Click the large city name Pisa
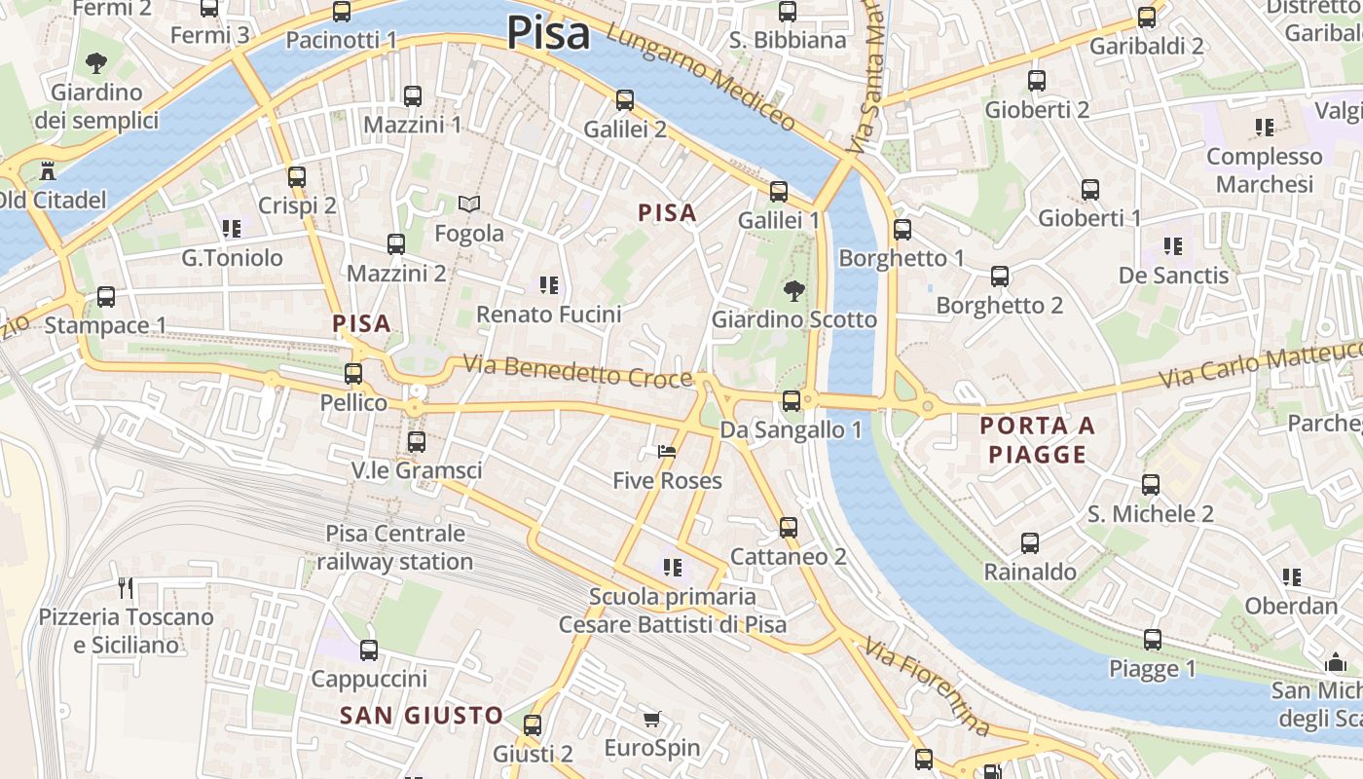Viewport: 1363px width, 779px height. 548,33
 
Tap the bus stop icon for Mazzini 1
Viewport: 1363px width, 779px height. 413,96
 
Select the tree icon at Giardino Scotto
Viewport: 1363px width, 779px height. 794,290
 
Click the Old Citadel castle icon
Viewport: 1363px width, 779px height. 46,172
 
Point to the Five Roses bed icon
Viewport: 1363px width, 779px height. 667,452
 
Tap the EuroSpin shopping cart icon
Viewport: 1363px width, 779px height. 652,720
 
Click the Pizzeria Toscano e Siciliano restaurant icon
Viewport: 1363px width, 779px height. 126,587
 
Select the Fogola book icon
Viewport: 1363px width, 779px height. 469,204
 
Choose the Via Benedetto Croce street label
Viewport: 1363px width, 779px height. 577,372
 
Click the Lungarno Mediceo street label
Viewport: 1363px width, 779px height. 701,78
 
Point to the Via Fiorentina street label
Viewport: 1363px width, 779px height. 928,687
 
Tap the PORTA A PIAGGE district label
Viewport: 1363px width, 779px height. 1037,440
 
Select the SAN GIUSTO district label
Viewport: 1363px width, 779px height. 422,716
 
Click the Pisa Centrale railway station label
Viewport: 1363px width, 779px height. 395,547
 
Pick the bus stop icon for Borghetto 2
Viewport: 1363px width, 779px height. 1000,277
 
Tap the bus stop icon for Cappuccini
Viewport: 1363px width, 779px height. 369,650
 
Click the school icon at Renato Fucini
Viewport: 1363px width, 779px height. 549,285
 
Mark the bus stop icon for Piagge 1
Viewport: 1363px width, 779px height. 1153,640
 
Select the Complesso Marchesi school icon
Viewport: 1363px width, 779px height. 1265,127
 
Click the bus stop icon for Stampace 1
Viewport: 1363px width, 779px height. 106,297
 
